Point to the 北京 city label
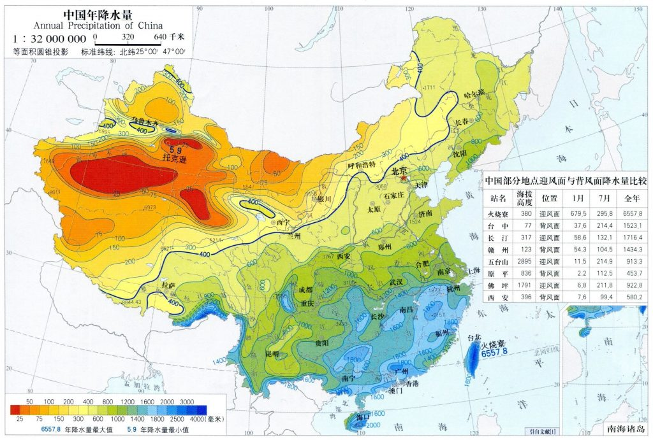pyautogui.click(x=400, y=171)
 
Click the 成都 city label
pyautogui.click(x=305, y=290)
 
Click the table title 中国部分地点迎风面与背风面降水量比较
pyautogui.click(x=566, y=181)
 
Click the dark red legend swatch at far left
pyautogui.click(x=19, y=409)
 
